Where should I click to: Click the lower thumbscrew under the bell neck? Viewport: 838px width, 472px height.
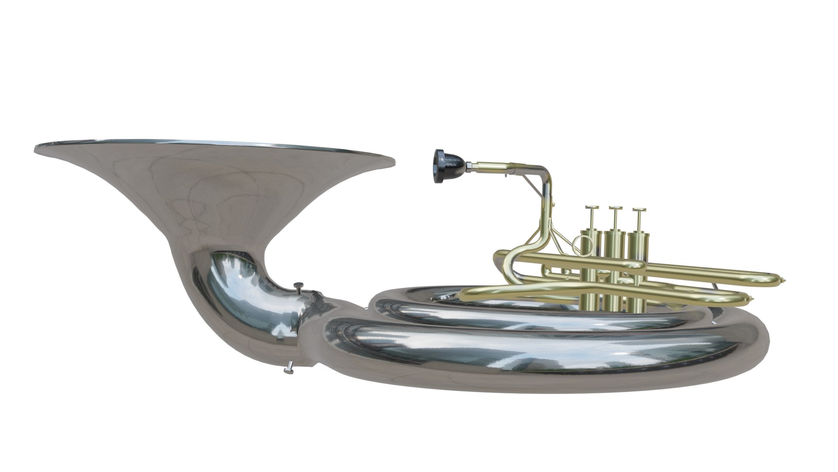pos(288,371)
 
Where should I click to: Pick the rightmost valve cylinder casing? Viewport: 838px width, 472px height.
pos(638,267)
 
